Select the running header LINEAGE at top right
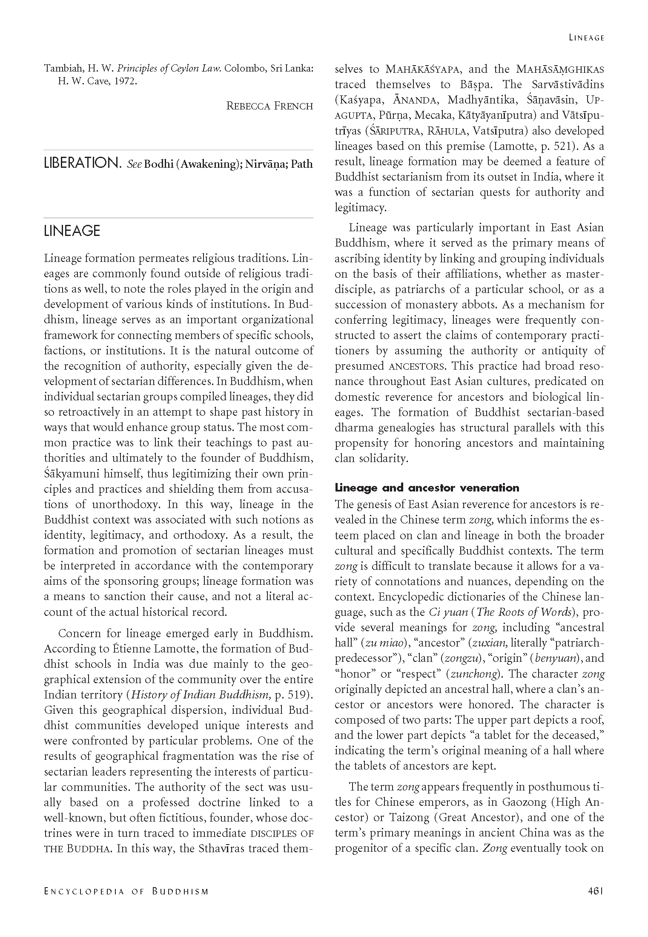point(587,38)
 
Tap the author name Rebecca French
point(270,106)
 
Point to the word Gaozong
point(526,802)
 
